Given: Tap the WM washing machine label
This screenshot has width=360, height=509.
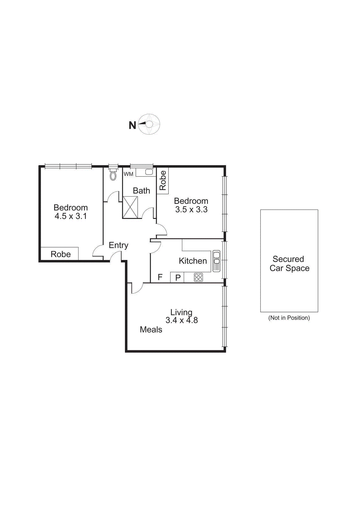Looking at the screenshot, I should [128, 174].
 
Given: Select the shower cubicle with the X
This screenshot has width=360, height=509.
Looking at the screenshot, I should [130, 207].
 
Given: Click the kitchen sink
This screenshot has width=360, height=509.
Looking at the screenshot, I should [216, 261].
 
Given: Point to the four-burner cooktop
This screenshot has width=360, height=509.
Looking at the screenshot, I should [198, 277].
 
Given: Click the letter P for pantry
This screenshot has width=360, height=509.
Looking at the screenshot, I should [178, 277].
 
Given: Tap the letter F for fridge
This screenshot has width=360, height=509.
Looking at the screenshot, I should [160, 277].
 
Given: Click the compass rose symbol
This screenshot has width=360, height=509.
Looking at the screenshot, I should [149, 124].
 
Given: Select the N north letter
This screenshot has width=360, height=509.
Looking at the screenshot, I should [132, 125].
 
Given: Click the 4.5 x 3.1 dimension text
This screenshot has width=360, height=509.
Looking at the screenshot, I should [71, 216].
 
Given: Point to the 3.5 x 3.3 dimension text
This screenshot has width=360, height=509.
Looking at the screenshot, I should [191, 210].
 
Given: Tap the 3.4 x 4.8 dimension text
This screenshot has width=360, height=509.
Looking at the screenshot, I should [182, 320].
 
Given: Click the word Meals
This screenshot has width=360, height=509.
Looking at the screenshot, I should [151, 330].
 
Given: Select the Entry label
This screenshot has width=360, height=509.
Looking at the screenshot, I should [118, 245].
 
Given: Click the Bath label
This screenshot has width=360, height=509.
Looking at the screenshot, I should [141, 191].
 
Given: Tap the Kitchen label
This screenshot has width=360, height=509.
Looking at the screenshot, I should [193, 261].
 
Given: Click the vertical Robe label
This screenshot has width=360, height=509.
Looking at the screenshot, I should [163, 180].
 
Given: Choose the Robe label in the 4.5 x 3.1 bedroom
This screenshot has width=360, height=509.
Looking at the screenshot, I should [60, 254].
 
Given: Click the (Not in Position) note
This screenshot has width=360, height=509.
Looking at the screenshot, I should [289, 318].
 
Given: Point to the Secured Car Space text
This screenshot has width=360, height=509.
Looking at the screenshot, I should [289, 264].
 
